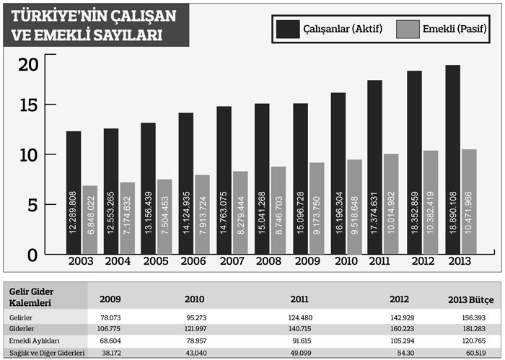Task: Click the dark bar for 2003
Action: coord(74,191)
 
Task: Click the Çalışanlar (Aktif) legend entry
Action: coord(329,28)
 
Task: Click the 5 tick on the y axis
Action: coord(30,206)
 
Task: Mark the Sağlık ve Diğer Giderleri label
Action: coord(47,352)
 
